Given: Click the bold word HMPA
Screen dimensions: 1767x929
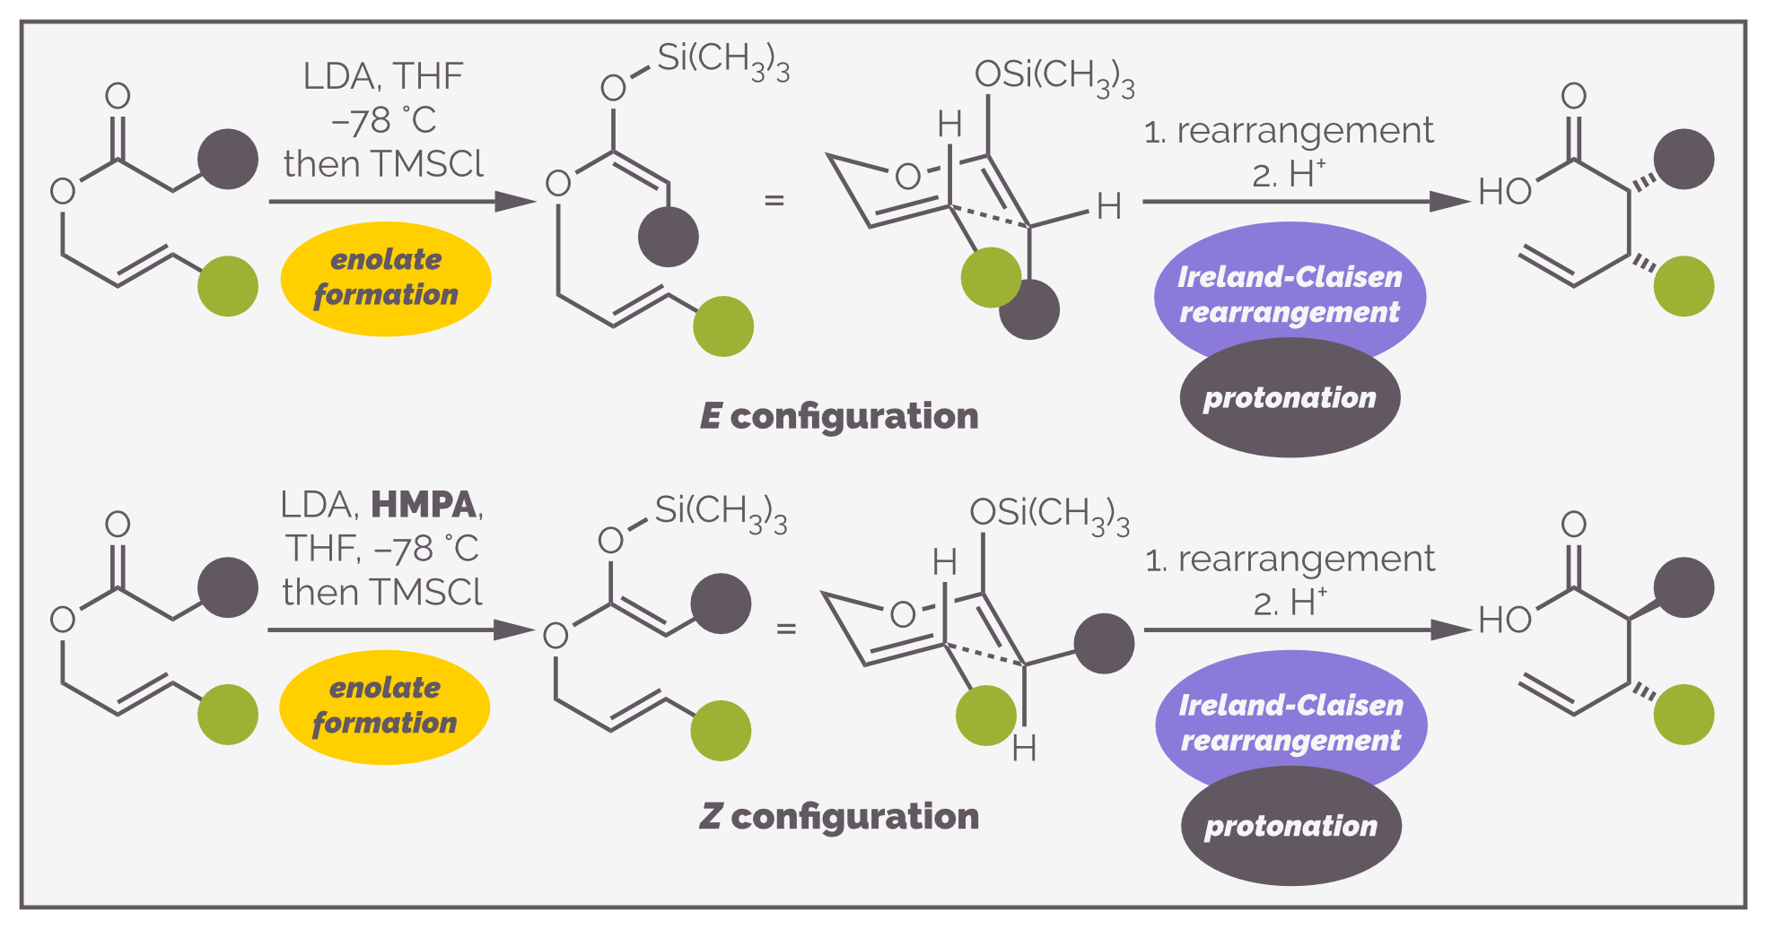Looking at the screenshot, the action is (x=424, y=505).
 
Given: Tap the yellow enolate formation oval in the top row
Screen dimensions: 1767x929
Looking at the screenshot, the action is (x=386, y=278).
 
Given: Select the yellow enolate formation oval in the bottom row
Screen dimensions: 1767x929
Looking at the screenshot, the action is (x=385, y=707).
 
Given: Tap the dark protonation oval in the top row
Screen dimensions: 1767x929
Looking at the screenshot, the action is (x=1290, y=398).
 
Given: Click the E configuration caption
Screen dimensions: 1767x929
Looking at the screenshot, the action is (x=839, y=416).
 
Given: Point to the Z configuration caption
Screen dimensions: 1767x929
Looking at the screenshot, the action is (x=839, y=817).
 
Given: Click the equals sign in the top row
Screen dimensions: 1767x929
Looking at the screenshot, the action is (x=774, y=200).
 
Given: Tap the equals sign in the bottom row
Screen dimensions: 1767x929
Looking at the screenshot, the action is (x=786, y=629).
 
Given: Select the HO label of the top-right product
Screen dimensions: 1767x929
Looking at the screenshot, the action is (x=1505, y=192).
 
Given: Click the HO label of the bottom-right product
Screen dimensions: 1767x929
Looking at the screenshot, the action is (x=1505, y=621).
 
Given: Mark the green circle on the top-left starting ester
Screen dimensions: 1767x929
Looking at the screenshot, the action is (x=228, y=286).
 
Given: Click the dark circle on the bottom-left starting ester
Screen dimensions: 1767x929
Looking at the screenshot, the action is (x=228, y=587).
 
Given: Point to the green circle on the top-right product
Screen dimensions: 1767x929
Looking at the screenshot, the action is (x=1684, y=286).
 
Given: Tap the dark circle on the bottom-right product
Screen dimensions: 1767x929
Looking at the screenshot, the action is (x=1684, y=587).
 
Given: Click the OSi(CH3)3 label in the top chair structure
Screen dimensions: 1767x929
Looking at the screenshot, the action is (x=1054, y=78).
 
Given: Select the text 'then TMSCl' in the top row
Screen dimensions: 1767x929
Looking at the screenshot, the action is (x=383, y=164).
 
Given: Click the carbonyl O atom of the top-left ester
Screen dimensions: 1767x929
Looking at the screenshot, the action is (x=118, y=96).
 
